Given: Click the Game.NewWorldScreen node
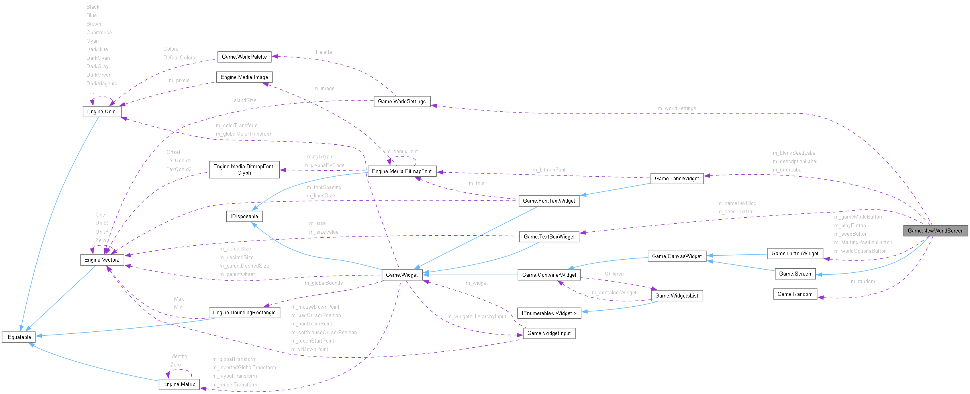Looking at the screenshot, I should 935,230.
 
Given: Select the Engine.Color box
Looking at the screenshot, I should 102,112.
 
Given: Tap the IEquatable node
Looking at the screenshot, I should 19,337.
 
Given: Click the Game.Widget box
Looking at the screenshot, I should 402,275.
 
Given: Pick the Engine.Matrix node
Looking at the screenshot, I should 179,384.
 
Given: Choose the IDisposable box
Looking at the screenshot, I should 244,216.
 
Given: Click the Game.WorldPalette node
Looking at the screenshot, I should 244,57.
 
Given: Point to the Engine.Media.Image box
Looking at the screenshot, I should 244,77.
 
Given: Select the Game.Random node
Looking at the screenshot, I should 795,294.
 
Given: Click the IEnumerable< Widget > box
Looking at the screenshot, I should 549,313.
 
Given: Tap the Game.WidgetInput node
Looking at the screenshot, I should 549,333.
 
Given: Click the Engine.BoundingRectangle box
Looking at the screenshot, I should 244,312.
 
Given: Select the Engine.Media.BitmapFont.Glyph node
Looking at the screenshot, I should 244,169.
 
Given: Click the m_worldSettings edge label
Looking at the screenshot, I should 677,108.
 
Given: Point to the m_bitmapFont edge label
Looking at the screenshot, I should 549,170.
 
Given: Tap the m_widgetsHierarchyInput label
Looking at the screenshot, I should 476,317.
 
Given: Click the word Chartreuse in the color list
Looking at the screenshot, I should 99,33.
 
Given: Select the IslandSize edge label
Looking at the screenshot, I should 244,100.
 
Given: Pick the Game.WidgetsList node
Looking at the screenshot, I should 676,295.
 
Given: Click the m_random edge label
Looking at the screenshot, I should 863,282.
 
